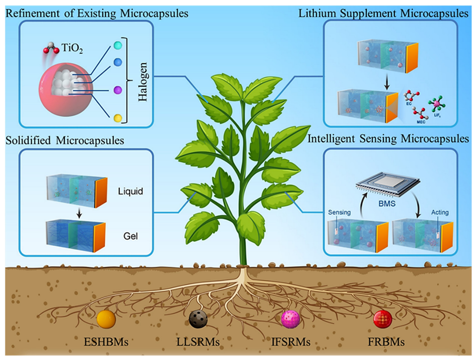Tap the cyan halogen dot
pos(118,45)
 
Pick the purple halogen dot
pos(118,90)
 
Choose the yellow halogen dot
pos(118,118)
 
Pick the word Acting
pos(439,213)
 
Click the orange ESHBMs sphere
pos(106,319)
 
